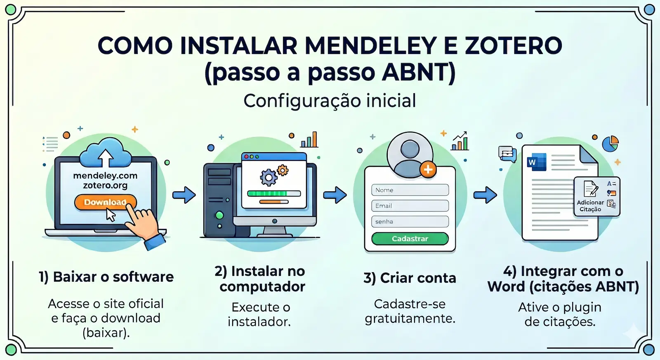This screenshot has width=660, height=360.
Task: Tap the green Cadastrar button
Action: coord(410,239)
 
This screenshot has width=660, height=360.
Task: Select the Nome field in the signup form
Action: coord(410,190)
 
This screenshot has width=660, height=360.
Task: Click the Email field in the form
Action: coord(410,206)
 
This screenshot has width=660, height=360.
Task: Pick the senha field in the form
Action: coord(410,221)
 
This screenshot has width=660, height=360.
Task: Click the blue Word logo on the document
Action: coord(536,162)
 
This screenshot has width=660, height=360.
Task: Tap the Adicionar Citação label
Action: coord(590,206)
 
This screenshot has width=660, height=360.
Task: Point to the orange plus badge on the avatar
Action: coord(428,169)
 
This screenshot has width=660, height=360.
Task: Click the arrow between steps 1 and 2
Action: coord(184,195)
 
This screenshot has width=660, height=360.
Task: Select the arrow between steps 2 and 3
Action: coord(335,195)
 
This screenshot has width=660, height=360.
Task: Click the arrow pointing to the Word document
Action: coord(485,195)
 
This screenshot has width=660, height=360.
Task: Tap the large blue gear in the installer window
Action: coord(269,178)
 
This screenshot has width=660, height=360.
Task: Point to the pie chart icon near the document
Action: coord(610,144)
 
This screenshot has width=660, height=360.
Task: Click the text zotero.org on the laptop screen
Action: coord(105,186)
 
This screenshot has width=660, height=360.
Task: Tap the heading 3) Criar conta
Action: coord(410,278)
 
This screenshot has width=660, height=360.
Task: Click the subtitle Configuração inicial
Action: coord(330,101)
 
